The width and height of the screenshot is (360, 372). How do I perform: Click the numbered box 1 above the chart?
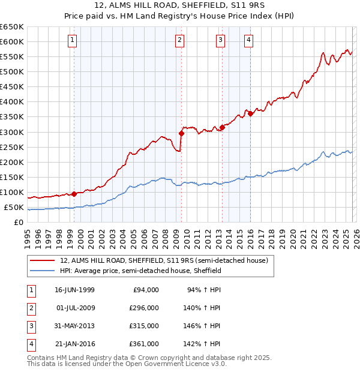click(x=72, y=40)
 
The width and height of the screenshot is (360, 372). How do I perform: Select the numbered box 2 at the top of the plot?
click(x=179, y=40)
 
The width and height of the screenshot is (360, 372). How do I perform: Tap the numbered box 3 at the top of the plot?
click(x=220, y=40)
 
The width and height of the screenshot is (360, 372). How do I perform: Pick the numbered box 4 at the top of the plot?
click(x=248, y=40)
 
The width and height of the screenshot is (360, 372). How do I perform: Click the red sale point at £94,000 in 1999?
click(x=74, y=194)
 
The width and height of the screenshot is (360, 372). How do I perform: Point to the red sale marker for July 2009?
click(x=181, y=133)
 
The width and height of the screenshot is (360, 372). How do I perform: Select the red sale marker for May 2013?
click(x=222, y=127)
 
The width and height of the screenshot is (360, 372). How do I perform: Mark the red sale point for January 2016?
click(x=250, y=113)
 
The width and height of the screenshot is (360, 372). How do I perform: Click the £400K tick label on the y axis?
click(x=12, y=101)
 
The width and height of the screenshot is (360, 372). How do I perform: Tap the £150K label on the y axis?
click(x=12, y=177)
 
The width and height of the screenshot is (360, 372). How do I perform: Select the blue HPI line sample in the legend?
click(x=42, y=271)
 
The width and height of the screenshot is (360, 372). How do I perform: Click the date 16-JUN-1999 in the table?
click(x=74, y=290)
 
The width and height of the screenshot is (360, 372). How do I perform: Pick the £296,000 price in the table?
click(x=143, y=308)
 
